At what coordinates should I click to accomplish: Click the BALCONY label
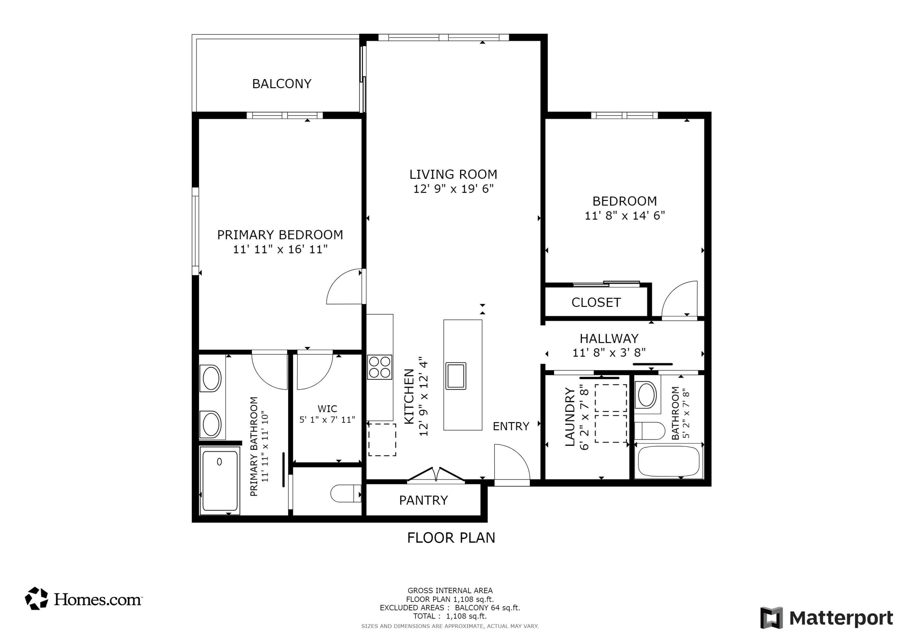coord(282,84)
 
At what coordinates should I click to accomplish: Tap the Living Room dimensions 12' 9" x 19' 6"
coord(453,189)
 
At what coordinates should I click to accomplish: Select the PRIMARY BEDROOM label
coord(280,235)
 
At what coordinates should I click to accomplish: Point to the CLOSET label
coord(596,302)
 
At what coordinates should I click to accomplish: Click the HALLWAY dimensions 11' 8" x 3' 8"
coord(609,353)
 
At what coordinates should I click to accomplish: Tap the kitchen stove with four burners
coord(380,367)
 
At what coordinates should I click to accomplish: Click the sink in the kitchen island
coord(455,376)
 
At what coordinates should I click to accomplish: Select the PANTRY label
coord(423,500)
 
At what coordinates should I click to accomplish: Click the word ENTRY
coord(511,426)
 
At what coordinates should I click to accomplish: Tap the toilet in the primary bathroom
coord(345,493)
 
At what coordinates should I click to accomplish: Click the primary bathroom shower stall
coord(219,480)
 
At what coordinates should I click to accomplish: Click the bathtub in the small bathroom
coord(669,461)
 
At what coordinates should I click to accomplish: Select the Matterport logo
coord(826,618)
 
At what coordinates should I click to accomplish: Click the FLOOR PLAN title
coord(451,538)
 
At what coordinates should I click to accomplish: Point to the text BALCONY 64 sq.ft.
coord(487,608)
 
